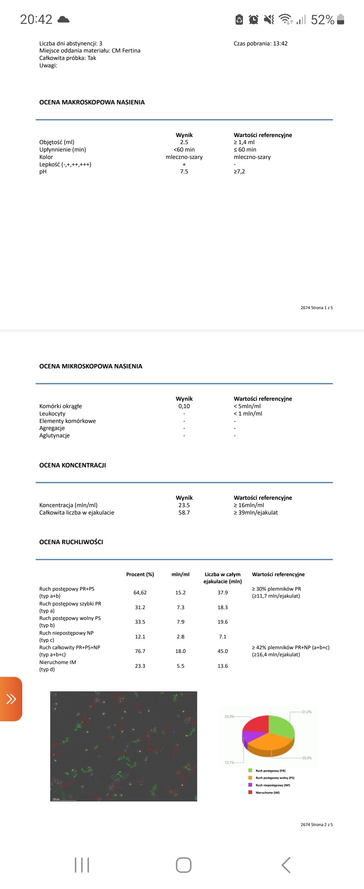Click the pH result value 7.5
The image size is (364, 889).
[x=184, y=171]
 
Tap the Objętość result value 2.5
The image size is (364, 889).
[x=184, y=142]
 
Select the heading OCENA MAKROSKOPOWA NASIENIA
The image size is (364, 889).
[x=92, y=102]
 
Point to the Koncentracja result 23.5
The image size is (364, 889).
[x=184, y=505]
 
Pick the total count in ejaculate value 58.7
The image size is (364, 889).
[x=184, y=513]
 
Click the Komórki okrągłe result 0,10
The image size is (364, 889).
[x=184, y=406]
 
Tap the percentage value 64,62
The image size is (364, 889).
[x=140, y=593]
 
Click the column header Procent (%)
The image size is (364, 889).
[x=140, y=574]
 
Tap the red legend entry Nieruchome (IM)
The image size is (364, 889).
[x=267, y=792]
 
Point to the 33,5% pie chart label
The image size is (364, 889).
[x=307, y=758]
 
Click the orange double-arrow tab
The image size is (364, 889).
[x=11, y=699]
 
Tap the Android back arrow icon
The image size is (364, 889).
[x=286, y=865]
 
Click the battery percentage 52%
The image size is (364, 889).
[x=322, y=20]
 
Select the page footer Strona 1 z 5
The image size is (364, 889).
[x=316, y=307]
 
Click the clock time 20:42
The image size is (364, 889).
[x=36, y=19]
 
